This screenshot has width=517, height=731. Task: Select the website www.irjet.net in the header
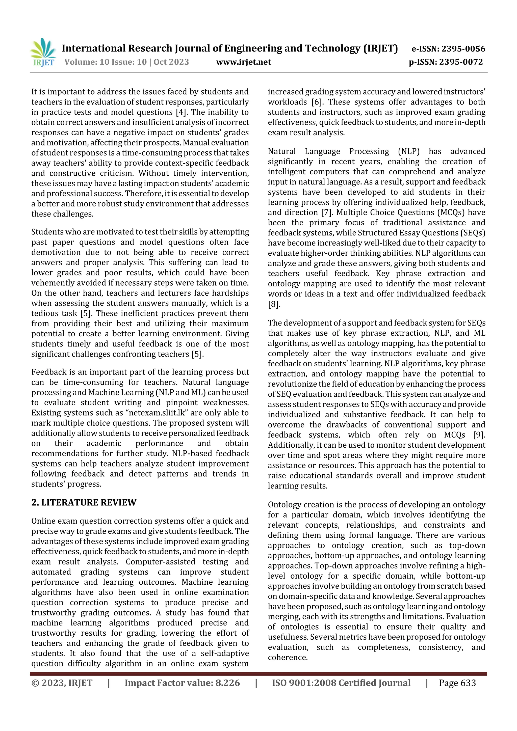click(243, 62)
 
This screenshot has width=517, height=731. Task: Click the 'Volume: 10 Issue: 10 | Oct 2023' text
click(126, 62)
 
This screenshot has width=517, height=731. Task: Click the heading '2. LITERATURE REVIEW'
click(84, 502)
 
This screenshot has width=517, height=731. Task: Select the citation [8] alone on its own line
click(274, 304)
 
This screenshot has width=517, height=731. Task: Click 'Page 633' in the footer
click(457, 683)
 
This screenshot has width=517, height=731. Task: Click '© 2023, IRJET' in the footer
click(62, 683)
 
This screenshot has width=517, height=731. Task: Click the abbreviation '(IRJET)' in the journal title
click(380, 48)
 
